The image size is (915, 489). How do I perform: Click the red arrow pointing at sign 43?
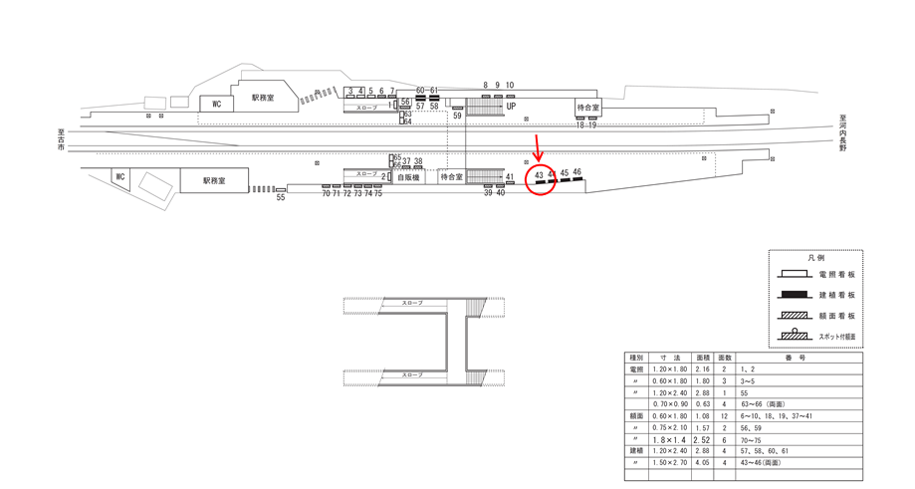pyautogui.click(x=538, y=148)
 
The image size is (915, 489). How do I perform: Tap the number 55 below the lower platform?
pyautogui.click(x=281, y=198)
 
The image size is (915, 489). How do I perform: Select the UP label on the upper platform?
pyautogui.click(x=511, y=107)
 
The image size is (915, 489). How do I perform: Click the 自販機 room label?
pyautogui.click(x=409, y=176)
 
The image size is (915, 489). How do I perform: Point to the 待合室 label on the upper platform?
pyautogui.click(x=588, y=108)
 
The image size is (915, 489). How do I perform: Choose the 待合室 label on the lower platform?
pyautogui.click(x=451, y=176)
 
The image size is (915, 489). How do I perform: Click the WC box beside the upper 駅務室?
pyautogui.click(x=214, y=104)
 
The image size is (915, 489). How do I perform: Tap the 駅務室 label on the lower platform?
pyautogui.click(x=214, y=181)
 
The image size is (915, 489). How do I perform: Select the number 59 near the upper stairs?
pyautogui.click(x=457, y=117)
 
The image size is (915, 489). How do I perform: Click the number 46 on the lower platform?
pyautogui.click(x=577, y=172)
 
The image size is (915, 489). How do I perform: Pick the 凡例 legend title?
pyautogui.click(x=815, y=258)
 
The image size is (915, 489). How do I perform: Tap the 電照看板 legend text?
pyautogui.click(x=836, y=274)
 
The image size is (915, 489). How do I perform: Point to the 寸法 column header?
pyautogui.click(x=670, y=357)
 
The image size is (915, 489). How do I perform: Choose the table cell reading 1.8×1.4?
pyautogui.click(x=670, y=438)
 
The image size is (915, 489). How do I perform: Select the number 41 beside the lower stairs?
pyautogui.click(x=510, y=177)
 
